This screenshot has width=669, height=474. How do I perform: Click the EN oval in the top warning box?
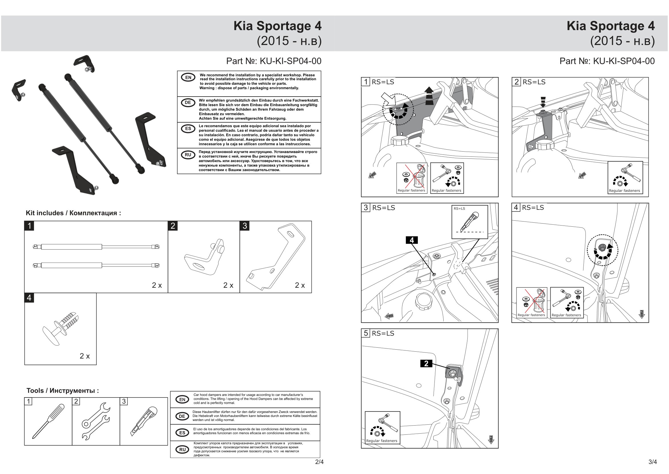pos(188,77)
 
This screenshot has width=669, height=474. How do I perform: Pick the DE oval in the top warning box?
pos(188,103)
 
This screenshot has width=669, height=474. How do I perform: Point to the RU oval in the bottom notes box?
pos(182,449)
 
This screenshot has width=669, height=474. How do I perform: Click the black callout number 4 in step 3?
pos(412,240)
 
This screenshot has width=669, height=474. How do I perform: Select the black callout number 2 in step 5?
pos(426,363)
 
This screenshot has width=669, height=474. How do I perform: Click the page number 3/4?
pos(653,462)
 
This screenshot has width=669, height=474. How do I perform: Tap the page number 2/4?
pos(319,462)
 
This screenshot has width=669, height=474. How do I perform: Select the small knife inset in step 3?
pos(469,222)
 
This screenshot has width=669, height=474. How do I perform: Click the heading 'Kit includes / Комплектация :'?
pos(73,213)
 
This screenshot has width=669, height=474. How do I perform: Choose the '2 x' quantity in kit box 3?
pos(299,285)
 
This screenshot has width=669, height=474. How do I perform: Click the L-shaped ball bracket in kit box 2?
pos(205,257)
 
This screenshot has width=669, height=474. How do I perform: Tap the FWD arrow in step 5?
pos(491,439)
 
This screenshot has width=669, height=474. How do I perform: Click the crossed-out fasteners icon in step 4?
pos(531,302)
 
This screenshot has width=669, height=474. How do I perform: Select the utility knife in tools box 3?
pos(144,421)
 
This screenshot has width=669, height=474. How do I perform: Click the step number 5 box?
pos(366,333)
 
